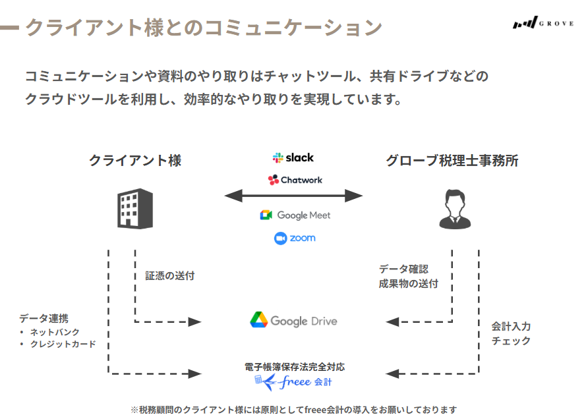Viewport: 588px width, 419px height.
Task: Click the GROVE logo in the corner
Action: point(543,24)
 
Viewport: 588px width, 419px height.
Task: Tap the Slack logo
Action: point(293,158)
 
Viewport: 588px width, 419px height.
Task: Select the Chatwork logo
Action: point(295,180)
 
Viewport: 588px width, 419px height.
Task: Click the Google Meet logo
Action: point(295,215)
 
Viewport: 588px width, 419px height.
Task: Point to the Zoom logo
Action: point(295,238)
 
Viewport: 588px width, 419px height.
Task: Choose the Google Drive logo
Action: point(293,321)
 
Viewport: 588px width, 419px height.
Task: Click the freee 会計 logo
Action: point(294,381)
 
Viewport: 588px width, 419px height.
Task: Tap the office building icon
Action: point(134,208)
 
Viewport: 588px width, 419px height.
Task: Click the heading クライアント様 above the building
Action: point(135,160)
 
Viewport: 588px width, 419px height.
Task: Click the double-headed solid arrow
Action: point(294,196)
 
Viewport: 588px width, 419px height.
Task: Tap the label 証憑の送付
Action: point(169,276)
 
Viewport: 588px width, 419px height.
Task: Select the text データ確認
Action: point(403,269)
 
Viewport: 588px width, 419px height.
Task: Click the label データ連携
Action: point(44,318)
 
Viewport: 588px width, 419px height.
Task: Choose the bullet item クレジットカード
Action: point(63,344)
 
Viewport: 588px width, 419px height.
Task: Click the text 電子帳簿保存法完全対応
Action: point(294,367)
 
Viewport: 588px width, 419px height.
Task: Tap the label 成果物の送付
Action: point(408,284)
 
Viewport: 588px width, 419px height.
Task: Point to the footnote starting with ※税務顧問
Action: point(294,410)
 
